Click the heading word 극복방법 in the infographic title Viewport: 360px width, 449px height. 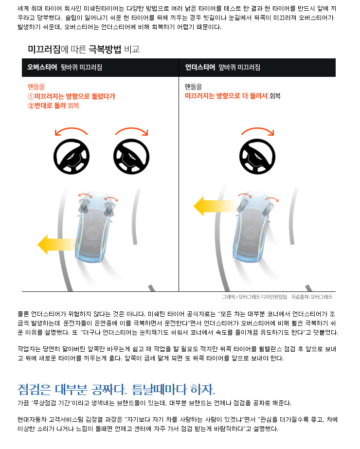[105, 49]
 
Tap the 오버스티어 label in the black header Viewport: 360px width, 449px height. [42, 67]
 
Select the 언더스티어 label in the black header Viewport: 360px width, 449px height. [200, 67]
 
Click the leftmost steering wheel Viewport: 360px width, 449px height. [72, 157]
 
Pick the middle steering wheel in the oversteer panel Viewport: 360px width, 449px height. [131, 157]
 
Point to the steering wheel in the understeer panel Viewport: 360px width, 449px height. [257, 157]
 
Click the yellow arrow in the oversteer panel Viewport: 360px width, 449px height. [57, 244]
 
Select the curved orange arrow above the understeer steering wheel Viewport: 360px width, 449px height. [258, 129]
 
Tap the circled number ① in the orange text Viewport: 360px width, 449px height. [31, 96]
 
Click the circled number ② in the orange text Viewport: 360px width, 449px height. [31, 106]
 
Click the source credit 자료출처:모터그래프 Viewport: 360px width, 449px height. [312, 297]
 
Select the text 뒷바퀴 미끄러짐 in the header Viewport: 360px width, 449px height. [81, 67]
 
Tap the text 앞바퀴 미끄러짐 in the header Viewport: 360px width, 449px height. [239, 67]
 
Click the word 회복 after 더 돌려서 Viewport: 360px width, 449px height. [275, 96]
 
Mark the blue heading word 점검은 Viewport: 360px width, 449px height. [35, 390]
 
